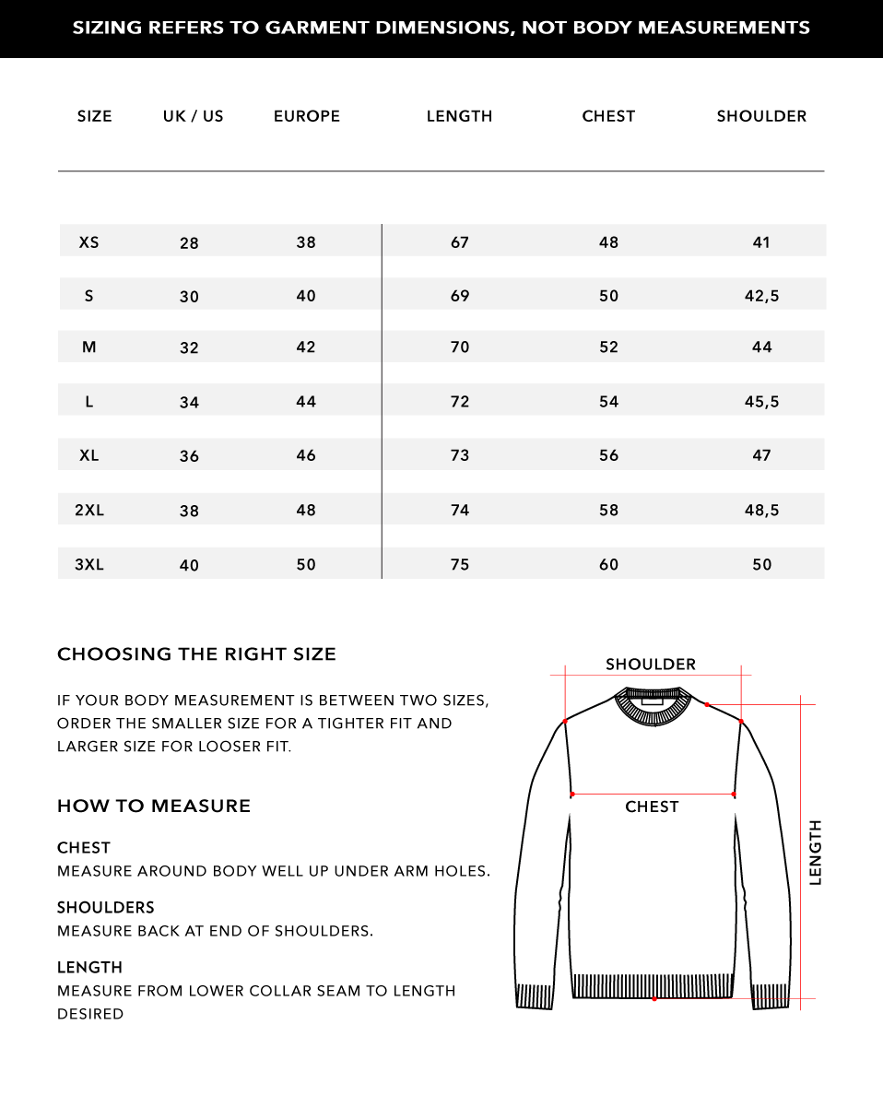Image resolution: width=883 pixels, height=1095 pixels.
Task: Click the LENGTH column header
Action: (459, 116)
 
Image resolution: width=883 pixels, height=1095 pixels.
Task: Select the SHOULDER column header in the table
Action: (761, 116)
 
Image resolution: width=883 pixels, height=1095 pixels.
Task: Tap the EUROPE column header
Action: (307, 116)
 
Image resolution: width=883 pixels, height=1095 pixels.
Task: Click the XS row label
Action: (88, 242)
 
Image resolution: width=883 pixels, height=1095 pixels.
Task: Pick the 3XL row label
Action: (89, 564)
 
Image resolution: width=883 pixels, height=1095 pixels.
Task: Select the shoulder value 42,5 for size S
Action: (761, 296)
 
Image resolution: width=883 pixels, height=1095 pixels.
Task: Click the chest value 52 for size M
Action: (608, 347)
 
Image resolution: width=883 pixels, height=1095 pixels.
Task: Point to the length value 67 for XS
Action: (460, 242)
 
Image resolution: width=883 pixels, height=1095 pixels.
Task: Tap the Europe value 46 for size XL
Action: (306, 455)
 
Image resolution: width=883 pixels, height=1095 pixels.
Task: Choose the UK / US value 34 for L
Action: (189, 402)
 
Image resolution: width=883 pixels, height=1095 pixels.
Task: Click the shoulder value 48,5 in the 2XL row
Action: (761, 510)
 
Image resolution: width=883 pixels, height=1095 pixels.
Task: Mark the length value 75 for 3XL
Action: (460, 564)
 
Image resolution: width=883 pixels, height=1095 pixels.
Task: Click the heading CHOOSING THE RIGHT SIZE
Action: (196, 654)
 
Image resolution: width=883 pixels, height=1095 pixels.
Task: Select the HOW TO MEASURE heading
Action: (154, 807)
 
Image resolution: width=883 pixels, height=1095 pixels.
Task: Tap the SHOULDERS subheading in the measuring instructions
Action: (106, 908)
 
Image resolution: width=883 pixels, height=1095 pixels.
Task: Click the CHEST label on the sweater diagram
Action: (652, 807)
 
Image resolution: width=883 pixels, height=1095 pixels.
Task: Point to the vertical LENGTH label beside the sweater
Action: (815, 853)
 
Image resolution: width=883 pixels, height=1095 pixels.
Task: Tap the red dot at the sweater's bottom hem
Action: (653, 998)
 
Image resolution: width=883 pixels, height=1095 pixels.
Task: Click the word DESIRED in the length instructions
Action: (90, 1014)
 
